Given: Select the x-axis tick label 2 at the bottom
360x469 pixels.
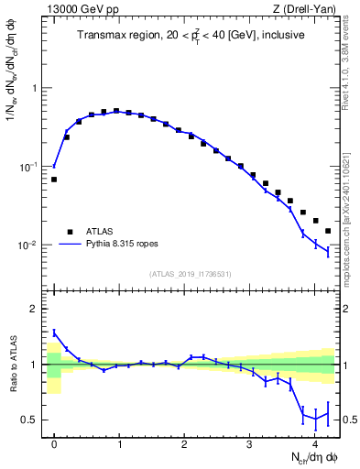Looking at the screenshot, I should click(184, 444).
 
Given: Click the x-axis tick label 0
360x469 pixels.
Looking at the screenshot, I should click(54, 444).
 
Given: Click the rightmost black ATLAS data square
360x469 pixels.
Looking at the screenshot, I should click(328, 230).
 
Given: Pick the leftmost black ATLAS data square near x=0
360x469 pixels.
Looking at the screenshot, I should click(54, 180).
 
